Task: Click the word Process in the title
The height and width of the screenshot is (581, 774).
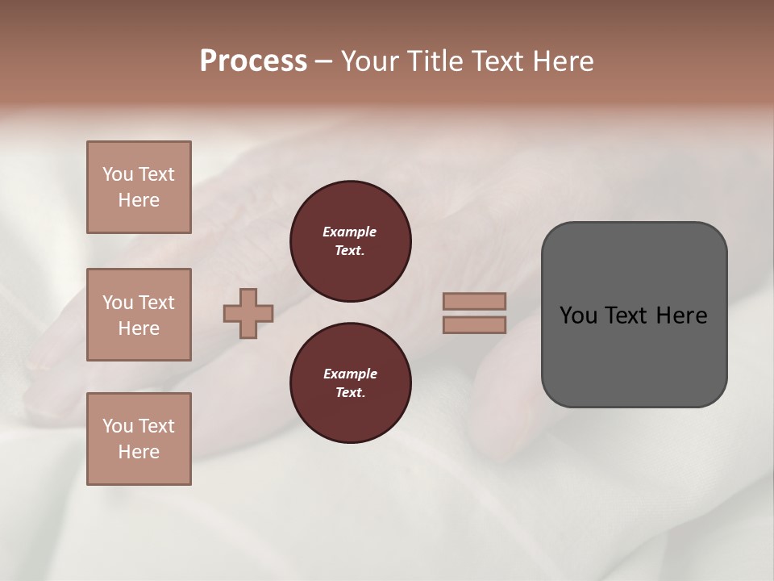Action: point(253,61)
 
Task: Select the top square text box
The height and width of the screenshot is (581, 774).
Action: point(139,187)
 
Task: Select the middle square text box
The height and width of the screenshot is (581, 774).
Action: point(139,315)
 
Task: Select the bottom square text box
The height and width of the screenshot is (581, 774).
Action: point(139,439)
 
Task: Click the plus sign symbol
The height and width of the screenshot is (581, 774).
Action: point(248,314)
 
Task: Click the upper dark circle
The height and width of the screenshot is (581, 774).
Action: point(351,241)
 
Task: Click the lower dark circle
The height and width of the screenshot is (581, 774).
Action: point(351,383)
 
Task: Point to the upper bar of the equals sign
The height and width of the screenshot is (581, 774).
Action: point(475,302)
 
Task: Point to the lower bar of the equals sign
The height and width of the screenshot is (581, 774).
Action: point(475,325)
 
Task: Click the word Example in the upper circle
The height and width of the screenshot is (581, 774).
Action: point(350,232)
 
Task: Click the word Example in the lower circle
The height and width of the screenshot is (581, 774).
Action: point(350,374)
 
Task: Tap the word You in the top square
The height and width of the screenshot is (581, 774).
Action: point(117,174)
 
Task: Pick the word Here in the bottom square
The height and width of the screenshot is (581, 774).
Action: point(139,452)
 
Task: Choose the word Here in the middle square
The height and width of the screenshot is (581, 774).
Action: point(139,328)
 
